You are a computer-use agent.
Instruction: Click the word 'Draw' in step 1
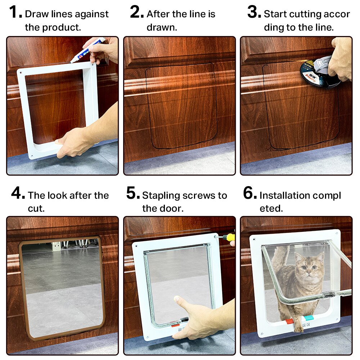(x=36, y=14)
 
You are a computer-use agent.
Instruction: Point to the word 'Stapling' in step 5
(x=161, y=195)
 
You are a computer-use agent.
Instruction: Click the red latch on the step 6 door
(x=289, y=321)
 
